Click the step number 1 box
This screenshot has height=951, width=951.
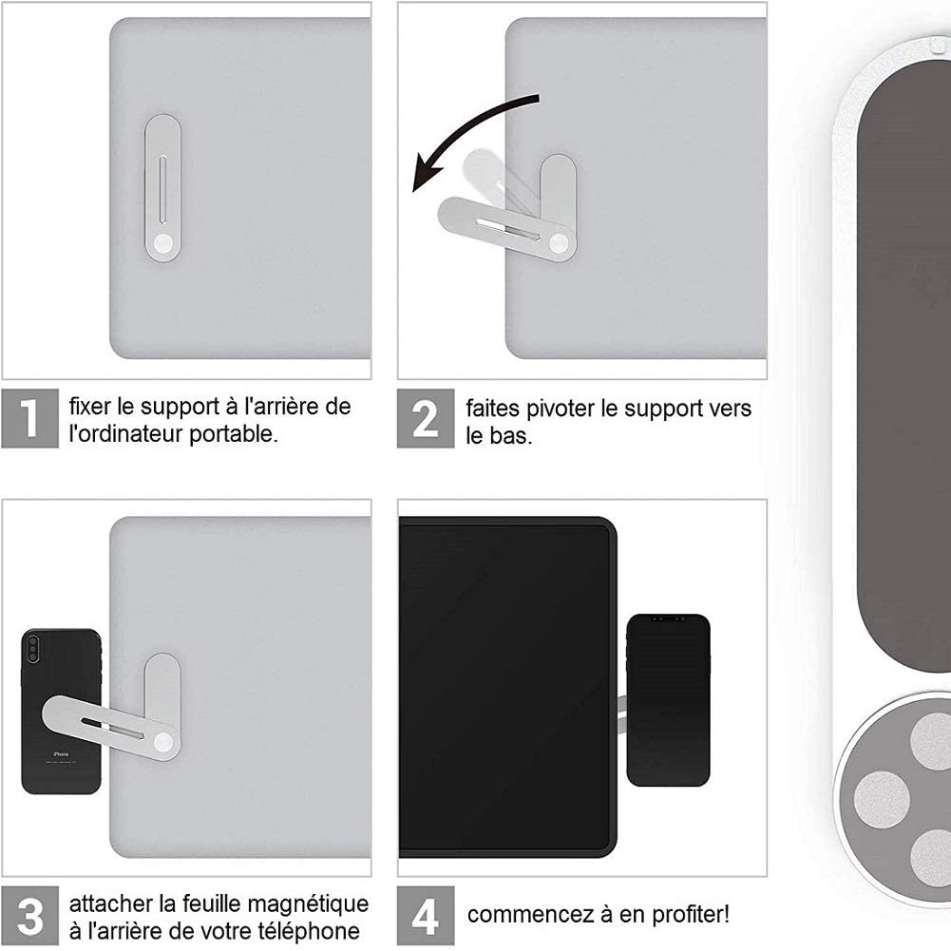tap(29, 418)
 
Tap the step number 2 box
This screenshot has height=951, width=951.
tap(426, 418)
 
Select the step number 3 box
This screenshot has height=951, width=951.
tap(29, 916)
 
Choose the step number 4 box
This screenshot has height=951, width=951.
tap(426, 916)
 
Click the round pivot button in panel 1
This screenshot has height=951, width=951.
tap(163, 244)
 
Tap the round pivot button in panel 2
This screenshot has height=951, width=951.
tap(559, 244)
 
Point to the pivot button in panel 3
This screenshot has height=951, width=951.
tap(163, 742)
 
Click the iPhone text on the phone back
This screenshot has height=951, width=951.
tap(61, 754)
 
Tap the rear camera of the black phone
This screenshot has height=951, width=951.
tap(32, 648)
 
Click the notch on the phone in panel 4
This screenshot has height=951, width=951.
tap(668, 619)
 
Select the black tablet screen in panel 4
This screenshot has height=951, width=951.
tap(505, 687)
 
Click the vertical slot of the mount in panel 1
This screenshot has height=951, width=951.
tap(162, 189)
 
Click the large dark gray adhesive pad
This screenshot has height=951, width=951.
tap(903, 364)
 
